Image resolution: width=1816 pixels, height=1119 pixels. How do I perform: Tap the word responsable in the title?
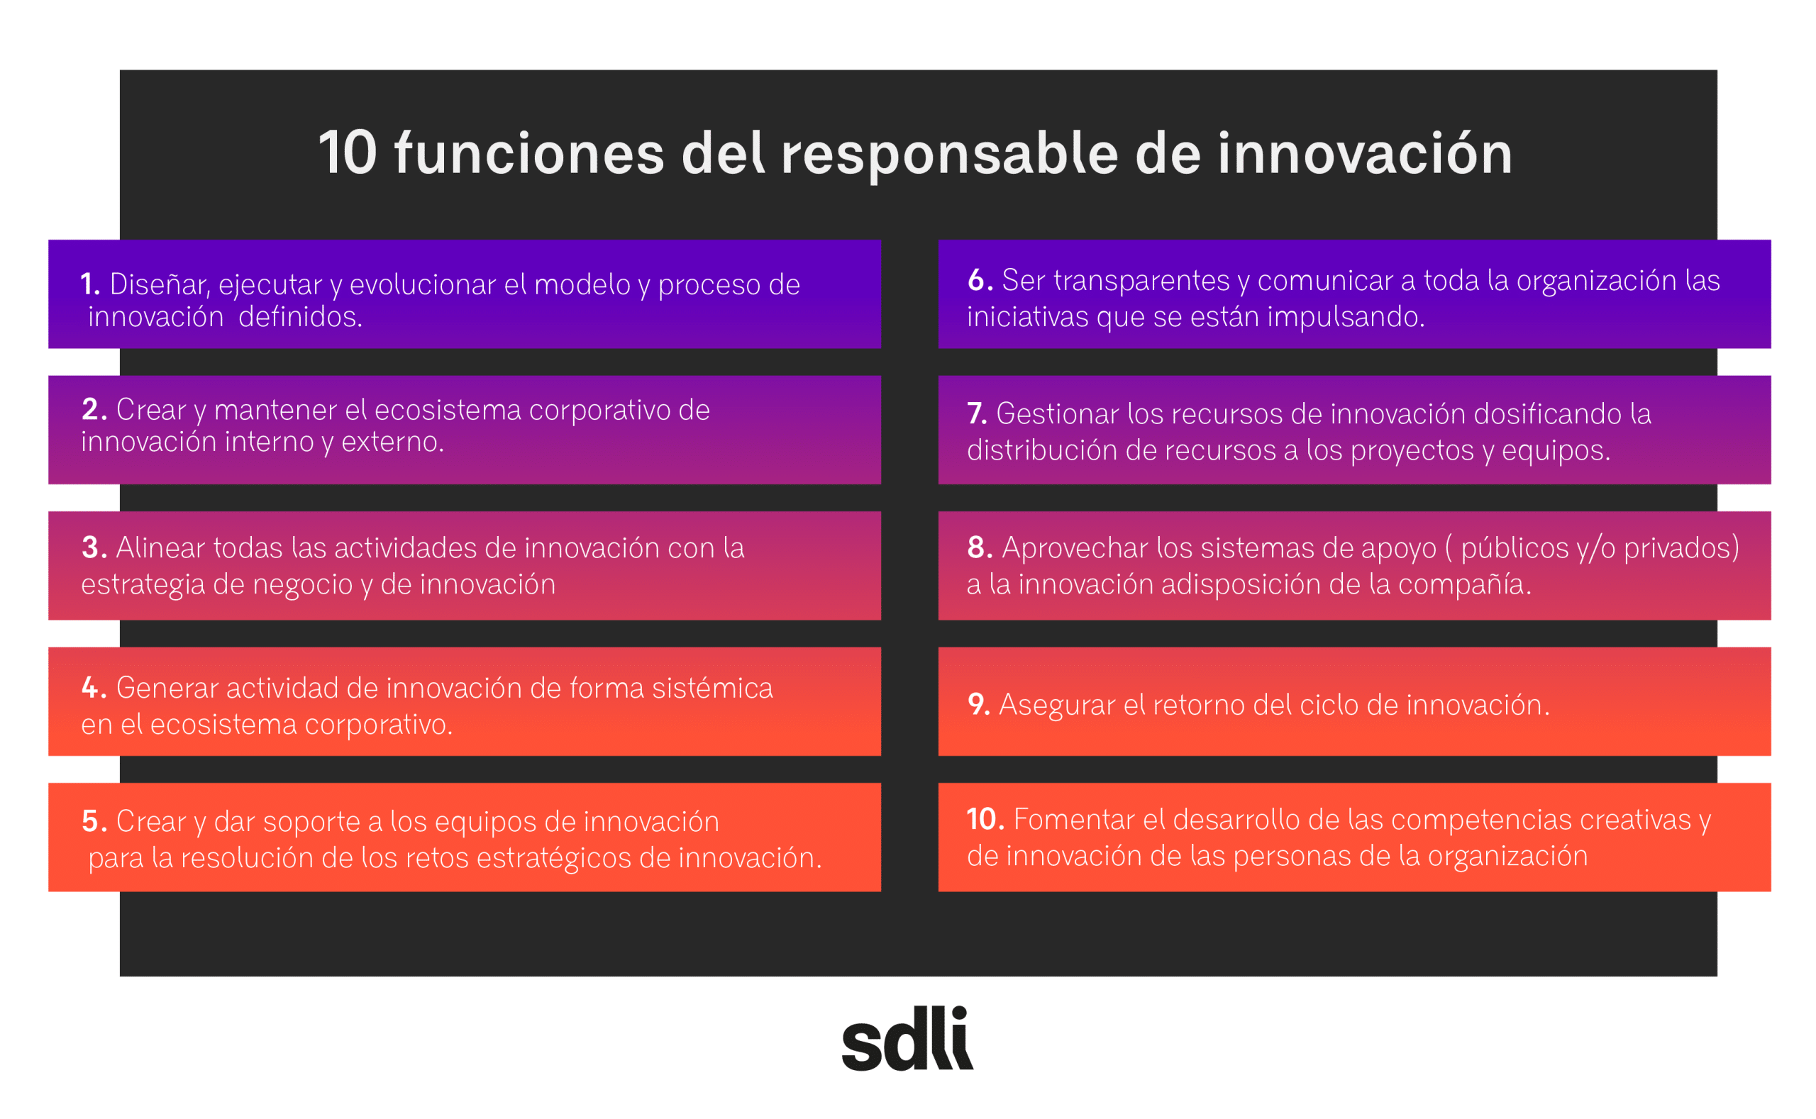[949, 154]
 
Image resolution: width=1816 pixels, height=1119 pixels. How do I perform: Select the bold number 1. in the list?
[89, 284]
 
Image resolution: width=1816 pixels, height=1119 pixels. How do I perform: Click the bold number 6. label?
[980, 281]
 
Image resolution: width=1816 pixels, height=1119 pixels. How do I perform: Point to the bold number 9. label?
[979, 705]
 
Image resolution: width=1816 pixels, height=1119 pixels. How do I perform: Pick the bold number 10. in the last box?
[985, 819]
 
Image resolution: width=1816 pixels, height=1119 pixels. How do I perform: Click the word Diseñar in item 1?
[159, 285]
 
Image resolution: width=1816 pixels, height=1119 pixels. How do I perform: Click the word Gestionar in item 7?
[1057, 413]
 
